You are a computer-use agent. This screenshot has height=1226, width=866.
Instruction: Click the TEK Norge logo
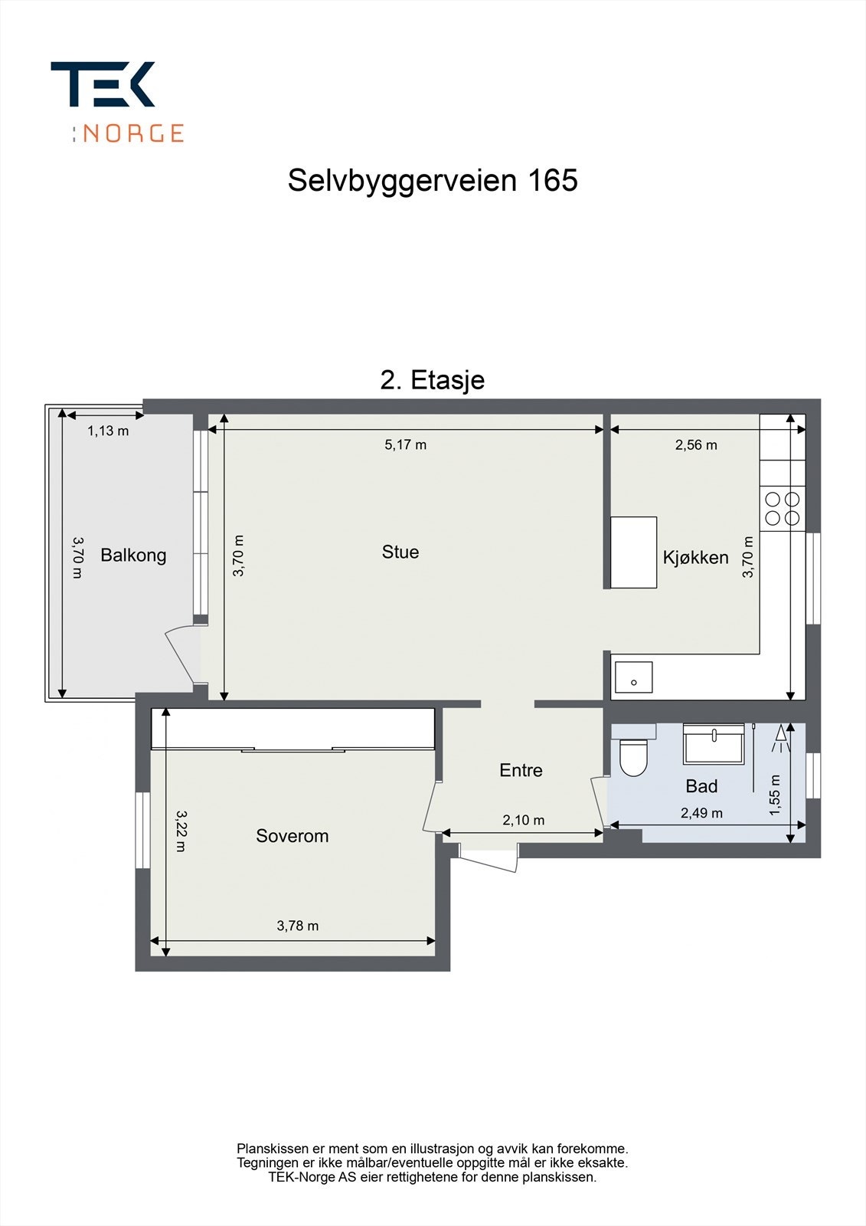[x=116, y=101]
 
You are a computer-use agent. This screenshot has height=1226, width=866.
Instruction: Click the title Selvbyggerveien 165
[x=433, y=181]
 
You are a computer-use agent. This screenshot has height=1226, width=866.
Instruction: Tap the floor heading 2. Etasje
[x=433, y=380]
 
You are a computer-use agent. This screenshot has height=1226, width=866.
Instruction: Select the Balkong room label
[x=133, y=555]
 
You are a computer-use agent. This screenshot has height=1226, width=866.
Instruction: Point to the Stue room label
[x=400, y=552]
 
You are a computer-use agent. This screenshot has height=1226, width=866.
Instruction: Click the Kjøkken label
[x=695, y=557]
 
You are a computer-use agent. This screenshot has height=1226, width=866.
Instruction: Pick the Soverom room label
[x=292, y=836]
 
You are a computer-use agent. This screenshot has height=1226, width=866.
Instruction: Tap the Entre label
[x=521, y=770]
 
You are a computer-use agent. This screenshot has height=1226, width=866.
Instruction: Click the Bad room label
[x=701, y=786]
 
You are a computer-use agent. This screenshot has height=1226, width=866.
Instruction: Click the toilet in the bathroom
[x=633, y=756]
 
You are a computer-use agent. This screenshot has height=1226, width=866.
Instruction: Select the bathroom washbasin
[x=714, y=743]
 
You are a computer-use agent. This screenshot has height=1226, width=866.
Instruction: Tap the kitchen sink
[x=633, y=677]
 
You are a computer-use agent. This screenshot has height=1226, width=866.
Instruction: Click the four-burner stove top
[x=783, y=508]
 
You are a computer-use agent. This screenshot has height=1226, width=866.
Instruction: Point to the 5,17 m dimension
[x=405, y=444]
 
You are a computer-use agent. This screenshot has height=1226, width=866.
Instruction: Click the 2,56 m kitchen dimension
[x=696, y=444]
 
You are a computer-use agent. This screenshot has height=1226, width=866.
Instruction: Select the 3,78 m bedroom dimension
[x=298, y=926]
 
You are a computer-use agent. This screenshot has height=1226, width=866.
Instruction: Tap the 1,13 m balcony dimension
[x=108, y=431]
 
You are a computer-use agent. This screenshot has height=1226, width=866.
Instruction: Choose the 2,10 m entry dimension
[x=523, y=820]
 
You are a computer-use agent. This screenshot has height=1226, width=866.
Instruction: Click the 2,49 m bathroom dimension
[x=701, y=813]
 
